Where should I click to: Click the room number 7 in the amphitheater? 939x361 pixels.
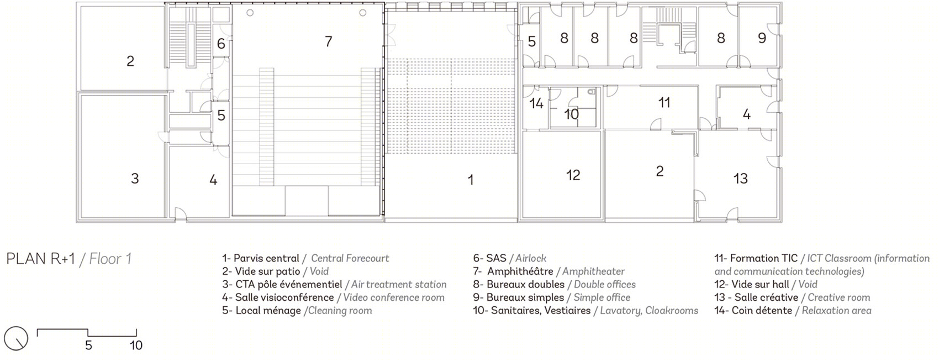point(328,41)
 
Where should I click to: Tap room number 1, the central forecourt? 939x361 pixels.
point(471,180)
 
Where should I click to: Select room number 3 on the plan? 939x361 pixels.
point(135,179)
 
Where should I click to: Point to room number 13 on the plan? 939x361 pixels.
point(740,179)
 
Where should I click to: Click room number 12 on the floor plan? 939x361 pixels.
point(573,175)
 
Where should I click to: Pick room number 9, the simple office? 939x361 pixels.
point(762,38)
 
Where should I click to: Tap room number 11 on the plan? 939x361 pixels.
point(664,102)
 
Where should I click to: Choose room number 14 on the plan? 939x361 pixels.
point(536,103)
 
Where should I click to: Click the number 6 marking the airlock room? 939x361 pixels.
point(221,44)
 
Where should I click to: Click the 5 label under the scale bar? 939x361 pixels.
point(88,346)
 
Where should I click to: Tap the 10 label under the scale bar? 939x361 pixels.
point(136,346)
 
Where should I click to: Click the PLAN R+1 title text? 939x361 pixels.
point(40,259)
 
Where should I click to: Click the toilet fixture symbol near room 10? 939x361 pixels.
point(591,92)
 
